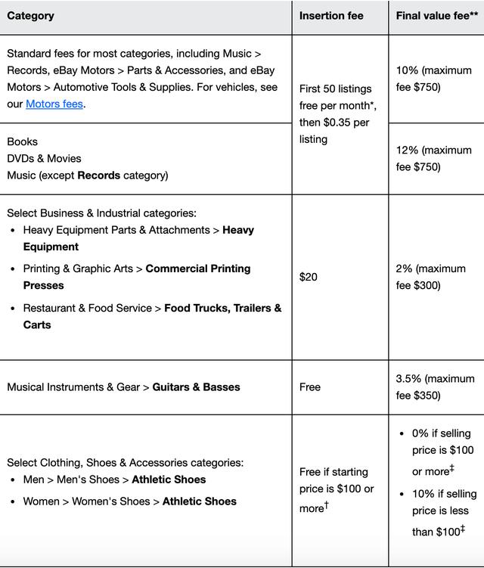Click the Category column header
(x=30, y=16)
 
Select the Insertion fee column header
(x=331, y=16)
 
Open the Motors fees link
(x=54, y=104)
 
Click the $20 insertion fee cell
(x=309, y=277)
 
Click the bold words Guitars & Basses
(x=196, y=387)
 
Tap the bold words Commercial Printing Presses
(x=136, y=277)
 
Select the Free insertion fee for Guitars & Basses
(x=310, y=387)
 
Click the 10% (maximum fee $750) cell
(x=433, y=79)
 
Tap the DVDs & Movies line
(x=44, y=159)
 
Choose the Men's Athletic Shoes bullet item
(x=114, y=480)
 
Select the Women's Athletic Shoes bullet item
(x=129, y=501)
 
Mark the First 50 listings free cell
(x=334, y=113)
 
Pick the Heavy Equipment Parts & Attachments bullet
(x=138, y=238)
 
